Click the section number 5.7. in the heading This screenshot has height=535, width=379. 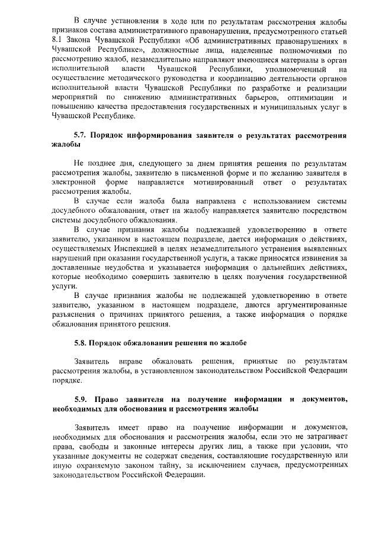coord(82,135)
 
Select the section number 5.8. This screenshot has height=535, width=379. coord(82,342)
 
